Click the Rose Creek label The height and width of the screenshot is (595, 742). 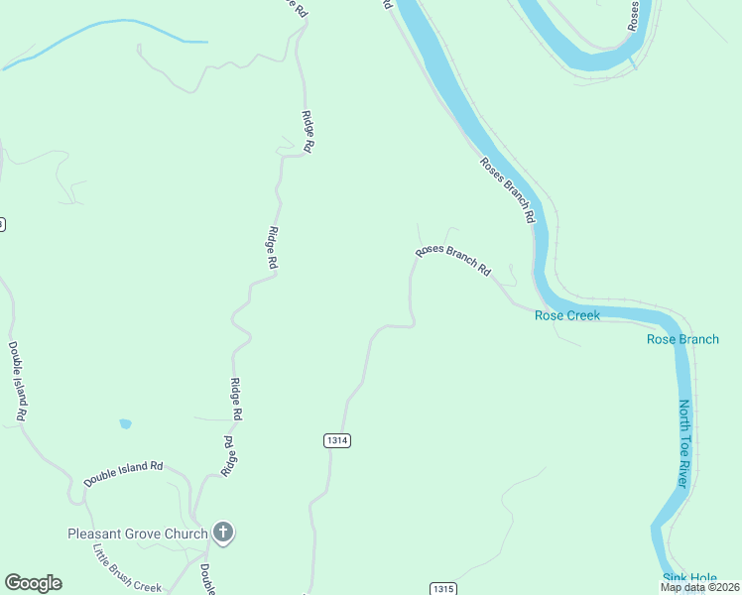pyautogui.click(x=567, y=315)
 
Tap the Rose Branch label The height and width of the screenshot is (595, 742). pyautogui.click(x=682, y=339)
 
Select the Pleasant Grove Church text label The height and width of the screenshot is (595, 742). pyautogui.click(x=138, y=534)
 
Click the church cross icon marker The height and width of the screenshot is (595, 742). pyautogui.click(x=223, y=534)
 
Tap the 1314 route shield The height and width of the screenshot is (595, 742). pyautogui.click(x=337, y=439)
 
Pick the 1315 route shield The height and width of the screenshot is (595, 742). pyautogui.click(x=443, y=589)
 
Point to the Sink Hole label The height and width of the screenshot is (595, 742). pyautogui.click(x=687, y=578)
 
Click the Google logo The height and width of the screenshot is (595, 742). pyautogui.click(x=33, y=583)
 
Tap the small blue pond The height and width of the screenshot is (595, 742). pyautogui.click(x=125, y=424)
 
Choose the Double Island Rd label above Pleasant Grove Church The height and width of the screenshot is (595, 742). pyautogui.click(x=123, y=472)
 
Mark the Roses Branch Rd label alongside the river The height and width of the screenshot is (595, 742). pyautogui.click(x=508, y=188)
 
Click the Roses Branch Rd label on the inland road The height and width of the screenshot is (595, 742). pyautogui.click(x=453, y=261)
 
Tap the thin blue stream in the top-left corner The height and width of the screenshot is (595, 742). pyautogui.click(x=99, y=34)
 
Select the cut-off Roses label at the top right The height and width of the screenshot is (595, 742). pyautogui.click(x=633, y=15)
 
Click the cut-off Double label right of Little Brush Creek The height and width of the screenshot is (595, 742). pyautogui.click(x=206, y=581)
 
